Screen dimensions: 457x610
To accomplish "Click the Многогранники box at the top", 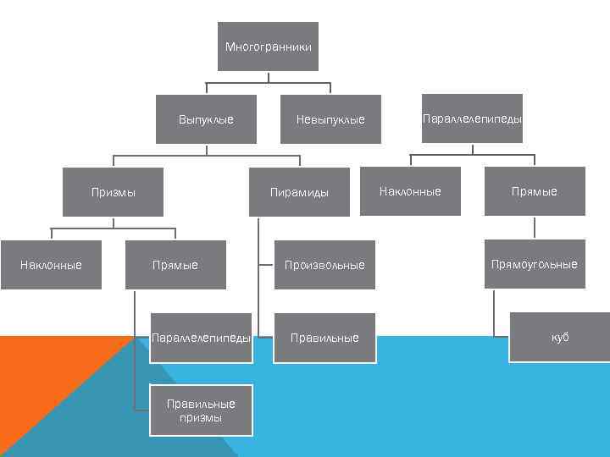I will click(268, 47).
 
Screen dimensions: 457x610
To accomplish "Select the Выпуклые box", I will click(206, 119).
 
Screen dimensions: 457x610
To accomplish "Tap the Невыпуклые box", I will click(330, 119).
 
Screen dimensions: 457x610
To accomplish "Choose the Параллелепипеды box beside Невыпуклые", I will click(472, 118).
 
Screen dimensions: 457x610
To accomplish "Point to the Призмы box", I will click(114, 192).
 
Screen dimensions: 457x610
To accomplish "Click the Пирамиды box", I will click(299, 192).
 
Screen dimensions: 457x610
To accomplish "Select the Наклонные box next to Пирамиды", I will click(410, 191).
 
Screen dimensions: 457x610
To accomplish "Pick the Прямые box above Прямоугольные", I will click(534, 191).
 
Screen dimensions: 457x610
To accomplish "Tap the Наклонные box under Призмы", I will click(51, 265).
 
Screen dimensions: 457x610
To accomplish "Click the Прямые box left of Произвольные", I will click(175, 265).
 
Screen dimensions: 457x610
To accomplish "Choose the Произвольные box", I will click(324, 265).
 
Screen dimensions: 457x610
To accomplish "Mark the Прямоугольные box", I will click(534, 264).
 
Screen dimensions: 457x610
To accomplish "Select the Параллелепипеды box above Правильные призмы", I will click(201, 338).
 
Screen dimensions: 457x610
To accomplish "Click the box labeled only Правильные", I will click(324, 338).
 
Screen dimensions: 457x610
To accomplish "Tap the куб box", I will click(559, 337).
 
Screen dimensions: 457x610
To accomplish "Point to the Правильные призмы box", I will click(201, 410).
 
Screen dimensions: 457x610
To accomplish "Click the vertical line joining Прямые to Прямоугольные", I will click(534, 228).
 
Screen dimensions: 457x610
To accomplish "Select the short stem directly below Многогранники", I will click(268, 77).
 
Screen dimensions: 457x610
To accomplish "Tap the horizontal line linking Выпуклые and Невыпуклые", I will click(268, 83).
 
